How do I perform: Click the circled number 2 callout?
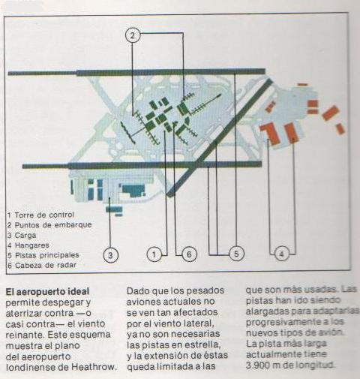coord(133,36)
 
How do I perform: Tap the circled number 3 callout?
coord(110,255)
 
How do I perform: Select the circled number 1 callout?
coord(154,254)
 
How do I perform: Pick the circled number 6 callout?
coord(189,254)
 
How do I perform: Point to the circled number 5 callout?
coord(236,254)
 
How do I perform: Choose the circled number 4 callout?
coord(282,254)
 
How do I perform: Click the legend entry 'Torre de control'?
coord(40,215)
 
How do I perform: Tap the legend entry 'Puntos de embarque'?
coord(49,225)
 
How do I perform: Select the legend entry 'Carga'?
coord(22,235)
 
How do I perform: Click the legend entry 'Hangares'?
coord(28,245)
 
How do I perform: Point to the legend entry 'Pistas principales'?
coord(43,255)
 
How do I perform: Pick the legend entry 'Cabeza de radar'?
coord(42,265)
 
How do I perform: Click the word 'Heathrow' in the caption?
coord(94,367)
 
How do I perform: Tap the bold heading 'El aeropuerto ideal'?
coord(47,291)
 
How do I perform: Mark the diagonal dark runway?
coord(220,137)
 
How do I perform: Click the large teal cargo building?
coord(132,191)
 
